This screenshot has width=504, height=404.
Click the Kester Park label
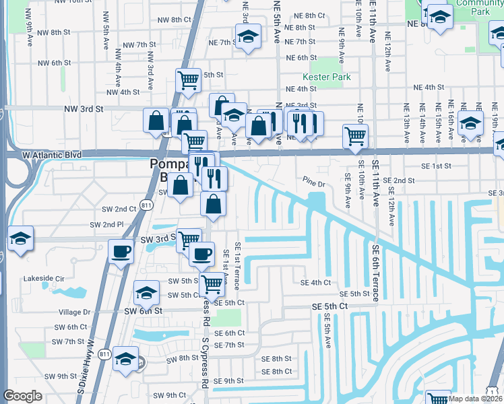point(327,77)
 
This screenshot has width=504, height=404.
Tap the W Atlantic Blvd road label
point(51,155)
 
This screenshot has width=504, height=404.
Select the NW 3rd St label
point(84,108)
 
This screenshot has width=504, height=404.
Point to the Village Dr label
point(74,312)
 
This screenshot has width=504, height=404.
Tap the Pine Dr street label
point(314,182)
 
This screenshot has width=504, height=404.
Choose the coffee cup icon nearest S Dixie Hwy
point(121,252)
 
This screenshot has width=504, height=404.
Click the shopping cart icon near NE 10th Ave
point(355,135)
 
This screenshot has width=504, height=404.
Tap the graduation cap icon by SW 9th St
point(125,359)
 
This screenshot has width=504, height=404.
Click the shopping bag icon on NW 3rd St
point(156,121)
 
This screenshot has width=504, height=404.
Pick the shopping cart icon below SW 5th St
point(212,286)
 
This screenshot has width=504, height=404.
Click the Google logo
point(22,396)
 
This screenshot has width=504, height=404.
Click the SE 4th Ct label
point(315,283)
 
